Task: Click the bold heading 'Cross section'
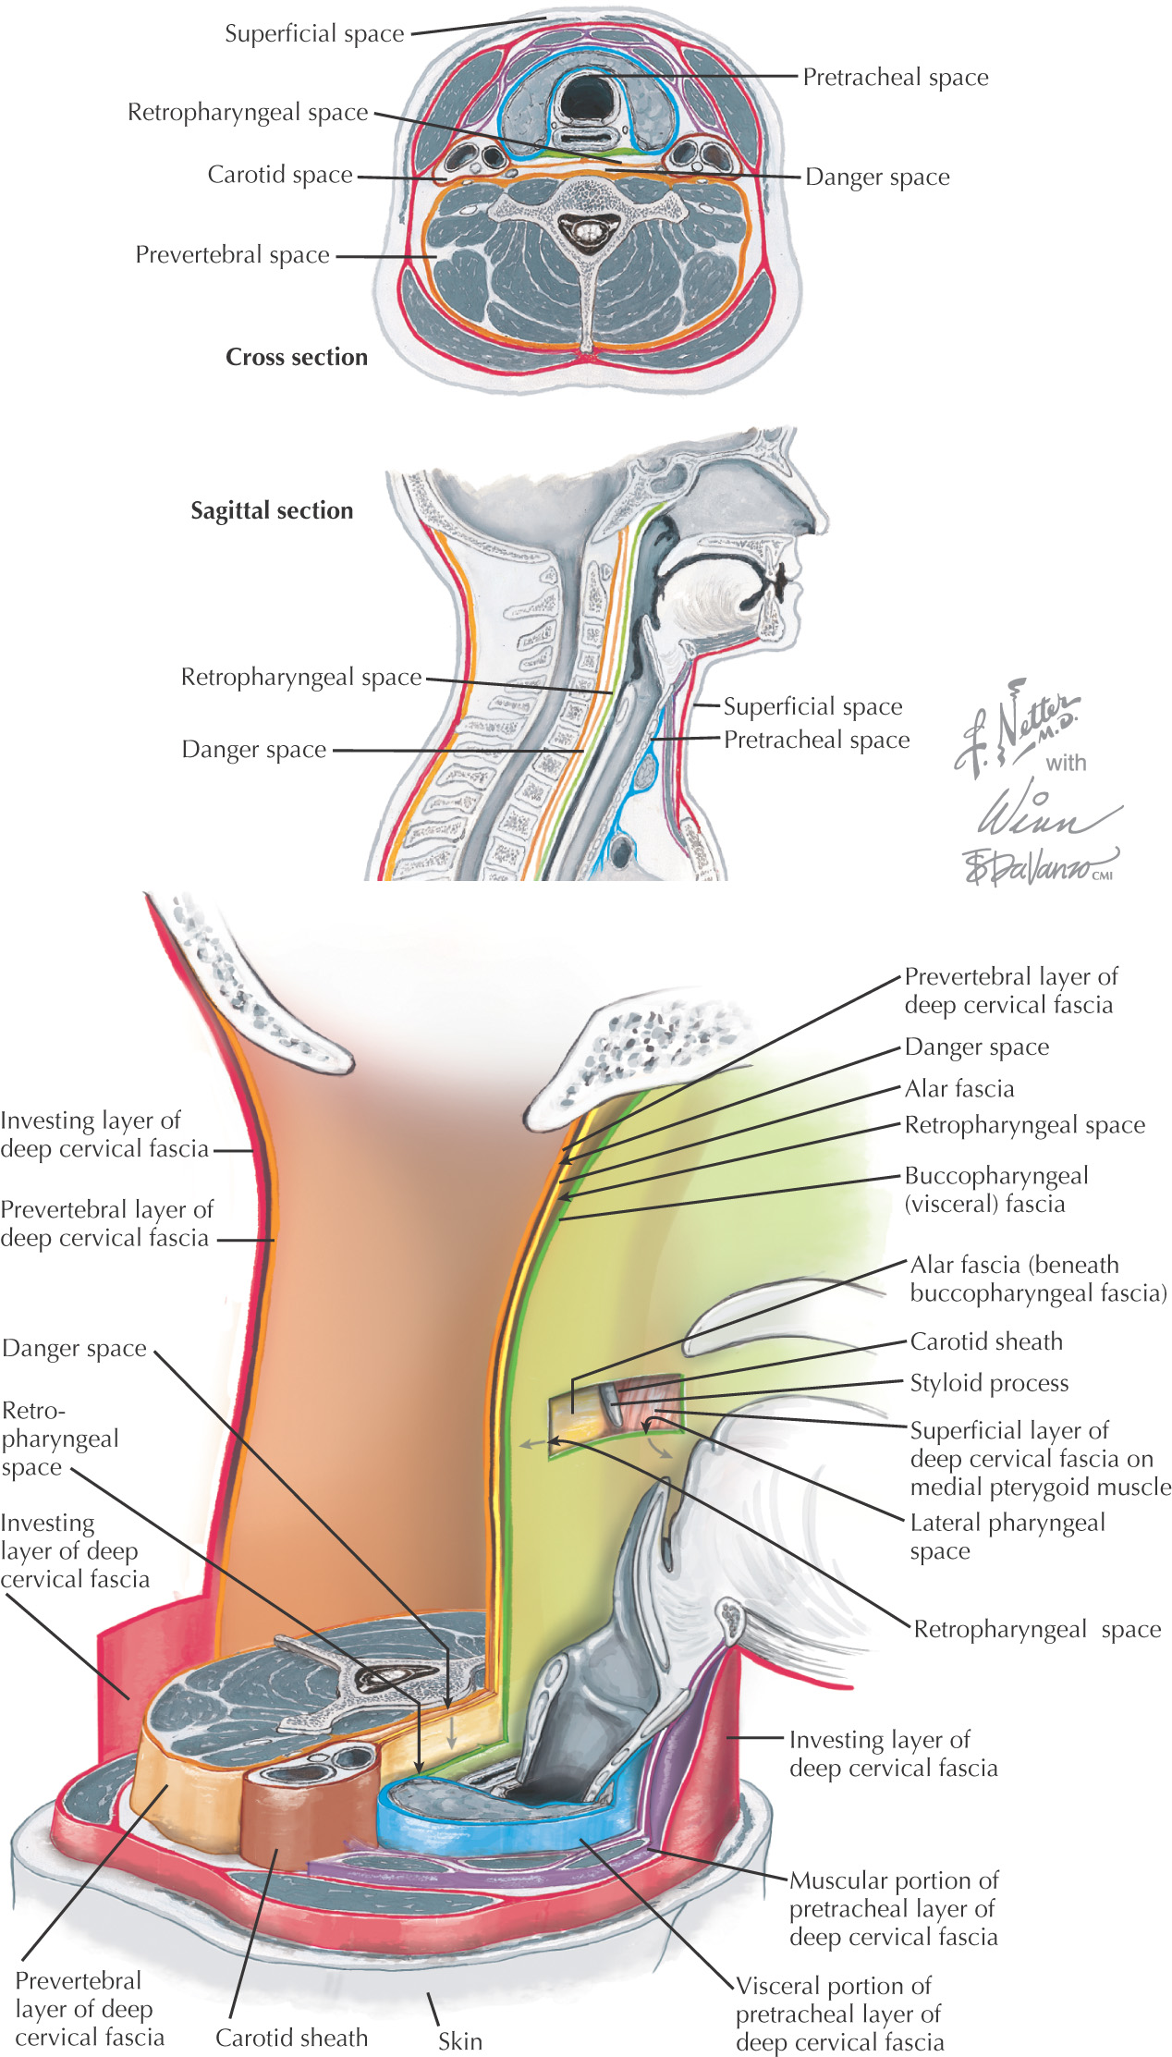[297, 357]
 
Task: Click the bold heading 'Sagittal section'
[272, 510]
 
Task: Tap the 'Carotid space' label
[280, 175]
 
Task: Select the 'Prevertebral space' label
[232, 254]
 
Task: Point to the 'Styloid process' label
[989, 1383]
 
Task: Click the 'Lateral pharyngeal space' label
[1007, 1537]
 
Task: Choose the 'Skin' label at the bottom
[459, 2041]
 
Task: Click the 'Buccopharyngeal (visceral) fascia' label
[995, 1190]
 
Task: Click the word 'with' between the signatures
[1066, 763]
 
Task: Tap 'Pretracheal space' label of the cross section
[895, 78]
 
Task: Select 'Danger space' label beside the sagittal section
[253, 750]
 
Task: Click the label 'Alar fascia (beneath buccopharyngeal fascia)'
[1037, 1279]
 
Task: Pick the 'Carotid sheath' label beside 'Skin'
[291, 2038]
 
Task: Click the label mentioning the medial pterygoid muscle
[1039, 1459]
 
